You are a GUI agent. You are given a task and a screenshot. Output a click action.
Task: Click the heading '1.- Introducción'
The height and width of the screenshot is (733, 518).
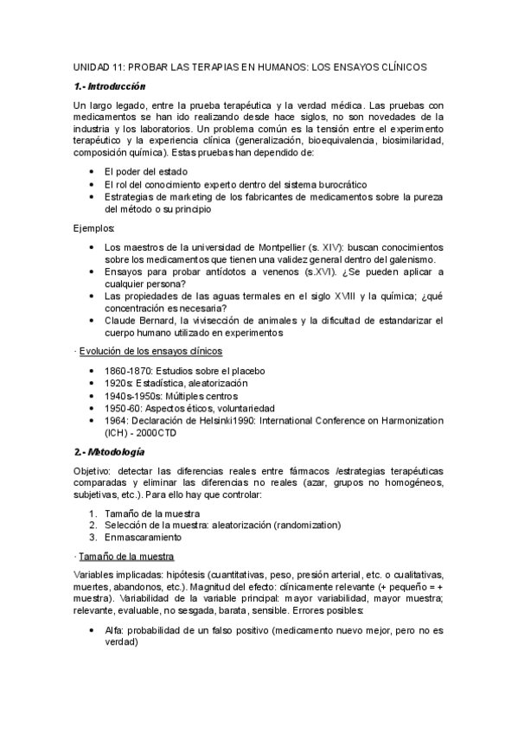click(109, 86)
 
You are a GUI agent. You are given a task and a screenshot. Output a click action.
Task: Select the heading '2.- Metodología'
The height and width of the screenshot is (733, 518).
click(109, 451)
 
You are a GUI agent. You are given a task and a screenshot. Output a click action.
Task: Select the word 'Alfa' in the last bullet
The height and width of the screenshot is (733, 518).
click(113, 631)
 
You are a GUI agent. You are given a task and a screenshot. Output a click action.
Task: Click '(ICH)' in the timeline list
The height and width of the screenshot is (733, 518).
click(116, 432)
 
